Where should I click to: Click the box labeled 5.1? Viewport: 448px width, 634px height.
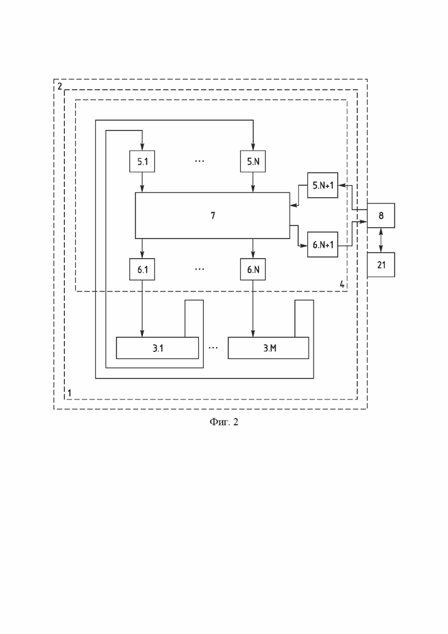click(142, 162)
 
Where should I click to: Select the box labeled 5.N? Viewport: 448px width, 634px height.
click(253, 162)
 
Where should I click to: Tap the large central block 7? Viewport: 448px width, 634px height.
click(213, 216)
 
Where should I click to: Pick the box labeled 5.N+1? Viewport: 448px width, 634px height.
click(322, 185)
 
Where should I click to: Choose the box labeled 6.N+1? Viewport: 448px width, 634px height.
click(322, 244)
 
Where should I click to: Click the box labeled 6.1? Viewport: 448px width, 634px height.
click(142, 269)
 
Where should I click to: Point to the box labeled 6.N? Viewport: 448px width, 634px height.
click(253, 269)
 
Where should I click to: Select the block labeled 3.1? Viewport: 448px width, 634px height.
click(157, 348)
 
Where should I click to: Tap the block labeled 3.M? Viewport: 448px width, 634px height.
click(268, 348)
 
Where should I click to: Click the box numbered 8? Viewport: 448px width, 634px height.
click(381, 216)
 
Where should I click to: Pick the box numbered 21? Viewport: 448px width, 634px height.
click(381, 265)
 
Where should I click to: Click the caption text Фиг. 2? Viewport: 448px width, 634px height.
click(223, 422)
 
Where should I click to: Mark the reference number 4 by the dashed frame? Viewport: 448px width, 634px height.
click(342, 284)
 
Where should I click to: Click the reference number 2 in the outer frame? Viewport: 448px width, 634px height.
click(60, 86)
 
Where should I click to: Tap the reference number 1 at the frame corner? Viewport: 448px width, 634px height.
click(69, 393)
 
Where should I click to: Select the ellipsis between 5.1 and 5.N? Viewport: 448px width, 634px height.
click(199, 162)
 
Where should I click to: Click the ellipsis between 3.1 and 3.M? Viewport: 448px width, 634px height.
click(213, 348)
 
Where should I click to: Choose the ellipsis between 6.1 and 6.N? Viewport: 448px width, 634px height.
click(199, 269)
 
